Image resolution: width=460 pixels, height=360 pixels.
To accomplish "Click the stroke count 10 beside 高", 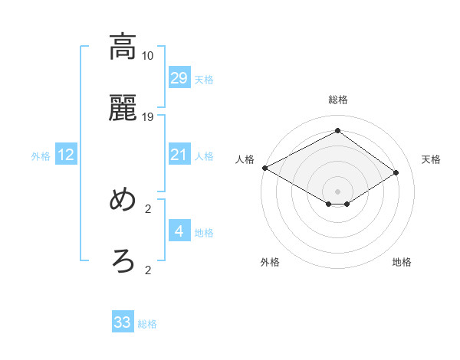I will point(148,56).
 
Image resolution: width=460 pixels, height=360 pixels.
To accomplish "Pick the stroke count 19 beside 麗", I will point(148,116).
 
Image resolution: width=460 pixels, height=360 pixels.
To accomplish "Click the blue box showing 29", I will point(179,78).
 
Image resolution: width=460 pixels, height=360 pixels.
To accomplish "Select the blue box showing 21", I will point(179,155).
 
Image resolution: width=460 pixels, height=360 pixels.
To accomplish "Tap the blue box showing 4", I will point(179,231).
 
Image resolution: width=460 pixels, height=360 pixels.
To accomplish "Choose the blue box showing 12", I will point(66,155).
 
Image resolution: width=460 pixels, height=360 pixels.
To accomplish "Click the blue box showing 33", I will point(123,322).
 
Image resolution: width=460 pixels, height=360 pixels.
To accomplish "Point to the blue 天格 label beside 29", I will point(204,79).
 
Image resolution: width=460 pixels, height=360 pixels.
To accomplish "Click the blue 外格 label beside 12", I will point(41,155).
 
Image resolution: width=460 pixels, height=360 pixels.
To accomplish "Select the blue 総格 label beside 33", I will point(147,324).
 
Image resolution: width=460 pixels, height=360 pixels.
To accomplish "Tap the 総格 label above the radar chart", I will point(338,100).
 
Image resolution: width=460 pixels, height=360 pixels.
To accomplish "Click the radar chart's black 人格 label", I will point(245,159).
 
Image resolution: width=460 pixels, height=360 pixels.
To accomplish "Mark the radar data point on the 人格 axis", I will point(264,168).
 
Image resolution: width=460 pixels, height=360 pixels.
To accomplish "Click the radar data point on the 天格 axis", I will point(396,172).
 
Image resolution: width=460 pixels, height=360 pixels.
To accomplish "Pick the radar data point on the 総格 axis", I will point(337,130).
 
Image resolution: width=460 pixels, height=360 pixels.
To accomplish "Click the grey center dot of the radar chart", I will point(337,191).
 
